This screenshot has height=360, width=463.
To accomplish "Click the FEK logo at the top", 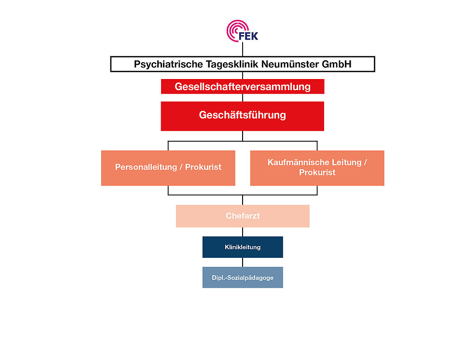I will tap(242, 31).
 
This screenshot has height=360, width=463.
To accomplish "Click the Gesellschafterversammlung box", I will tap(242, 87).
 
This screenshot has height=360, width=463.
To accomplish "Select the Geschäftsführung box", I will tap(242, 116).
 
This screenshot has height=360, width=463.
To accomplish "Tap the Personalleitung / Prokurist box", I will tap(168, 168).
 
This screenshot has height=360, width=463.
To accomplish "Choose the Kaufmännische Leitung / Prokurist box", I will tap(317, 168).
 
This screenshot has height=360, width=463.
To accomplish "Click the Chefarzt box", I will tap(242, 216).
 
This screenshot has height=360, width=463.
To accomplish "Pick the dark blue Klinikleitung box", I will tap(242, 247).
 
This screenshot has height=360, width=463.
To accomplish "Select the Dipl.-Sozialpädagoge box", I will tap(242, 278).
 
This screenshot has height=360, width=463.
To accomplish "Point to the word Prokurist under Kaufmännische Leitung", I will tap(317, 173).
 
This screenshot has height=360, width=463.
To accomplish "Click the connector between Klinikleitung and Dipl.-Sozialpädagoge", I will tap(242, 262).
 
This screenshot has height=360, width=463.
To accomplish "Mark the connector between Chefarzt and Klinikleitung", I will tap(242, 232).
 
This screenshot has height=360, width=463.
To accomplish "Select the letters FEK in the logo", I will tap(249, 36).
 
